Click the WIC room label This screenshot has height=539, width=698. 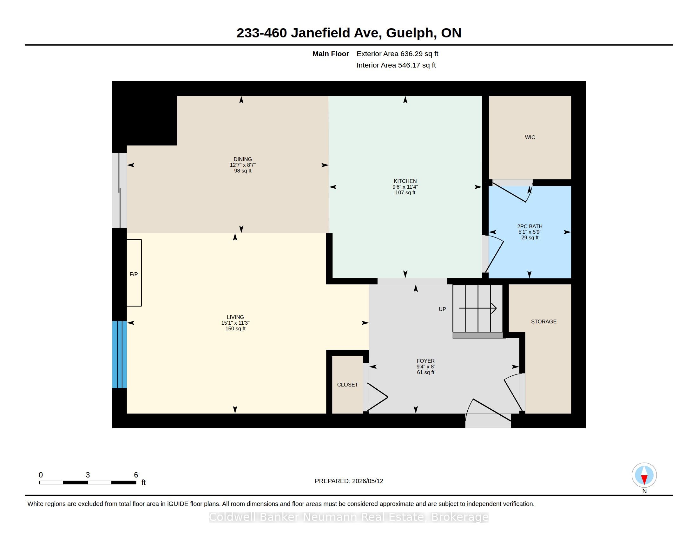tap(530, 137)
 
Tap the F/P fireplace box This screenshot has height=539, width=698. tap(134, 273)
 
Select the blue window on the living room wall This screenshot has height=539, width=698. tap(119, 354)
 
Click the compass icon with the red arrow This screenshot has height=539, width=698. tap(644, 475)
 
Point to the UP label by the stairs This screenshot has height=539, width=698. tap(442, 309)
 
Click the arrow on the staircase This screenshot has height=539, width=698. tap(478, 308)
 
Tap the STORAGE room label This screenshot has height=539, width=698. tap(543, 321)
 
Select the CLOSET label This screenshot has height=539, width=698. tap(347, 385)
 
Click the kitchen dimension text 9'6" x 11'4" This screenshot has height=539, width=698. tap(405, 187)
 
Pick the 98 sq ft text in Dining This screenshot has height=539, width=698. tap(243, 171)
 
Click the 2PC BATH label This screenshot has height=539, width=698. tap(530, 226)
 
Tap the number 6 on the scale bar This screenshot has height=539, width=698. tap(136, 475)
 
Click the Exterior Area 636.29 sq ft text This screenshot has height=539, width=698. tap(397, 54)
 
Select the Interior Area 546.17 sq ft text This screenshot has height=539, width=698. tap(396, 65)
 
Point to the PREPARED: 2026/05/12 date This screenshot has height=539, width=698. tap(349, 481)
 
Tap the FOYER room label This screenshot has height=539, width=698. tap(425, 361)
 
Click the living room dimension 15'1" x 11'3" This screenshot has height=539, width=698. tap(235, 323)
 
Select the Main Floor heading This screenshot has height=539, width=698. tap(331, 54)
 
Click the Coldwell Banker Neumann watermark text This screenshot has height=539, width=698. tap(349, 517)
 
